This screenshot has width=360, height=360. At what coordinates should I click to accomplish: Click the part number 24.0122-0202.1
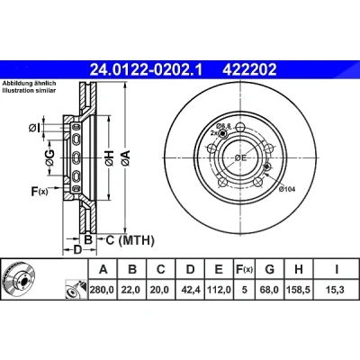147,70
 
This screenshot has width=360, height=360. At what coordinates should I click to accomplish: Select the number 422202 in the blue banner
249,70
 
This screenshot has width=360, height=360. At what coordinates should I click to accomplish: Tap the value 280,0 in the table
103,290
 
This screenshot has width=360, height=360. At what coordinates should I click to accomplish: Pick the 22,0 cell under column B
130,290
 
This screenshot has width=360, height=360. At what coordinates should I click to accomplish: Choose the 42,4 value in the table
190,290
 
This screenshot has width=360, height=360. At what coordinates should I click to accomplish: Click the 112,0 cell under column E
219,290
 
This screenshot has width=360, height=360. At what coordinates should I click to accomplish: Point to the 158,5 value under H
299,290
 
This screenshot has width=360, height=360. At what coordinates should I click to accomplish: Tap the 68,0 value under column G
269,290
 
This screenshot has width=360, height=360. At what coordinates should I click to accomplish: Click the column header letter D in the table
190,269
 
